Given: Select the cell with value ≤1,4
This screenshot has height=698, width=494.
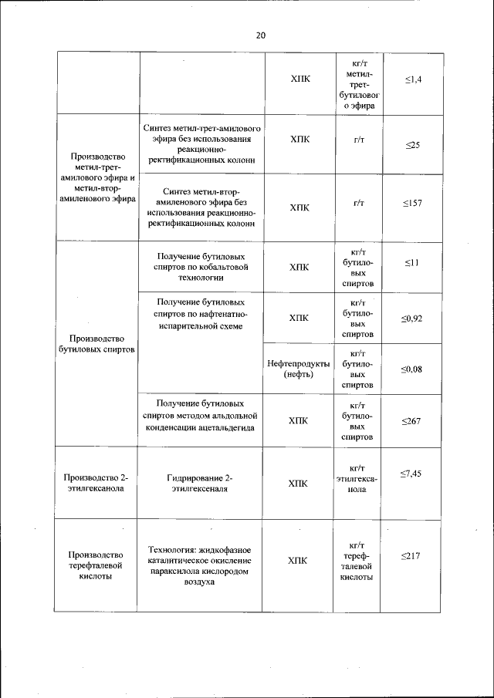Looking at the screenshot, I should click(412, 79).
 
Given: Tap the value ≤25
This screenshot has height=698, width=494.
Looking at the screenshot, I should click(412, 145).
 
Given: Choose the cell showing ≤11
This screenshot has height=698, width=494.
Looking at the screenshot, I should click(412, 263).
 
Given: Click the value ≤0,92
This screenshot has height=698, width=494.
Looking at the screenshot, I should click(412, 318).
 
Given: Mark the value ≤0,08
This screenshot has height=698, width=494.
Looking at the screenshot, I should click(412, 369).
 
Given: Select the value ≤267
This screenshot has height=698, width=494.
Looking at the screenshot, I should click(412, 421).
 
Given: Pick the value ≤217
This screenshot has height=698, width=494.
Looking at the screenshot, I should click(412, 555).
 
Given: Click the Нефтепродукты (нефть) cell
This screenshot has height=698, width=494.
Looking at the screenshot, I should click(298, 369).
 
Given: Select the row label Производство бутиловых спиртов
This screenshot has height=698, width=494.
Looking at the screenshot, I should click(97, 343).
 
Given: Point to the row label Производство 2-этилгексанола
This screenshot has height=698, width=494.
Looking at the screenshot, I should click(97, 483).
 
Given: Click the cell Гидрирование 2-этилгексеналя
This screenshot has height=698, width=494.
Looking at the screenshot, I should click(200, 483).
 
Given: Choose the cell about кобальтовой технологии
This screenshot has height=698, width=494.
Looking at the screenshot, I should click(201, 265).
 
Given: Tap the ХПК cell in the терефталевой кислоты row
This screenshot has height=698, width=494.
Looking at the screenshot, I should click(298, 561).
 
